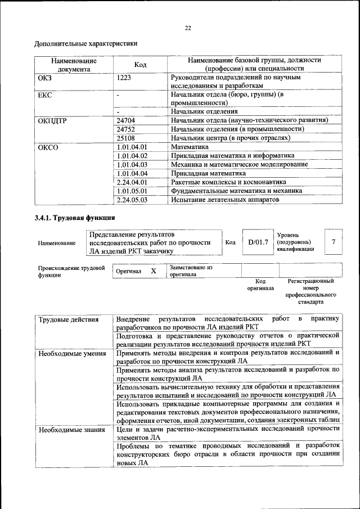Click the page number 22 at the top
pyautogui.click(x=188, y=28)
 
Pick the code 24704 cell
pyautogui.click(x=127, y=120)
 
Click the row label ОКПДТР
pyautogui.click(x=52, y=120)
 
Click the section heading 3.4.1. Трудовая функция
pyautogui.click(x=75, y=218)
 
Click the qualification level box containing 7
pyautogui.click(x=334, y=242)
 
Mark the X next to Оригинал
pyautogui.click(x=154, y=271)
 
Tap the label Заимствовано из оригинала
pyautogui.click(x=191, y=271)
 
